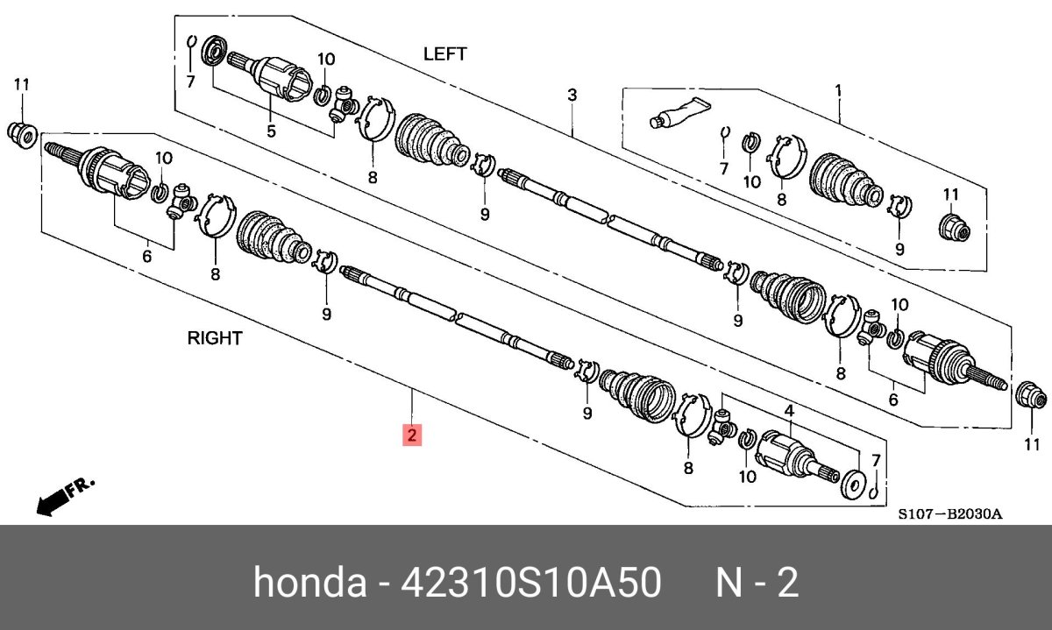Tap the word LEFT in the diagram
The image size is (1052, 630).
coord(444,54)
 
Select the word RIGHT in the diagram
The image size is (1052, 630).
coord(215,338)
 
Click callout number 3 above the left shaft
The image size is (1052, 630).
coord(572,95)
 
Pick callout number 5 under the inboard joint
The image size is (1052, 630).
coord(271,132)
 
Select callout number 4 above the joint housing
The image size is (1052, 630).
coord(789,411)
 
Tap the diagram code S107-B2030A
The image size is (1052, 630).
coord(949,514)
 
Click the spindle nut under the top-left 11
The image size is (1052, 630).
coord(22,134)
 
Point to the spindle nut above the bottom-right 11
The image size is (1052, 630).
coord(1026,394)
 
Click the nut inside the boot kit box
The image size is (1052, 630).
coord(952,228)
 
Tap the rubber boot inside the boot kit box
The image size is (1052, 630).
coord(843,182)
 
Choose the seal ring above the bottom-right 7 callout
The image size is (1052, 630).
coord(849,485)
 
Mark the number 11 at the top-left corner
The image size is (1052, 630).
coord(22,84)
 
